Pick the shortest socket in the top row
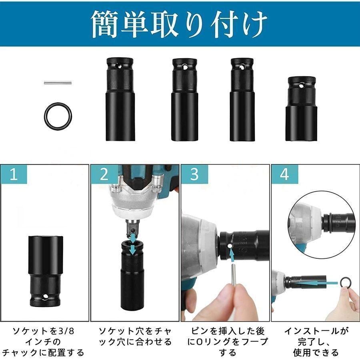300,109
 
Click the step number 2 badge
104,175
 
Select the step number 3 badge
194,175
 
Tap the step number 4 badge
285,175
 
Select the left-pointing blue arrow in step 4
316,282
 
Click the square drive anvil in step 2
132,229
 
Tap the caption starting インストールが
316,342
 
